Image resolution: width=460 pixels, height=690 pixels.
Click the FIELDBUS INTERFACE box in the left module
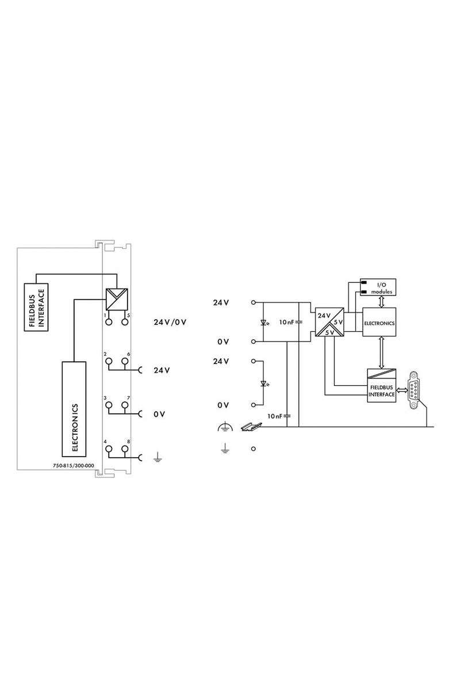pos(36,307)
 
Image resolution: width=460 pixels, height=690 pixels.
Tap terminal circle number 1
pos(109,322)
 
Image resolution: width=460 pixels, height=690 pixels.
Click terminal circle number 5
pos(124,322)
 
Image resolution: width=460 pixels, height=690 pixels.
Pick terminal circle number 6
pos(124,361)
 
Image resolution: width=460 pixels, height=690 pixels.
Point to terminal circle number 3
pos(109,405)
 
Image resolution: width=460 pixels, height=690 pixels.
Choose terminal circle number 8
pos(124,448)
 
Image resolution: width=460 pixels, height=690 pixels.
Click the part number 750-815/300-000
pos(74,466)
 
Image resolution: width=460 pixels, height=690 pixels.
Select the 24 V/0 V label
pos(170,322)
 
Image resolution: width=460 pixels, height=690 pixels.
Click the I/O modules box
pos(378,287)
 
